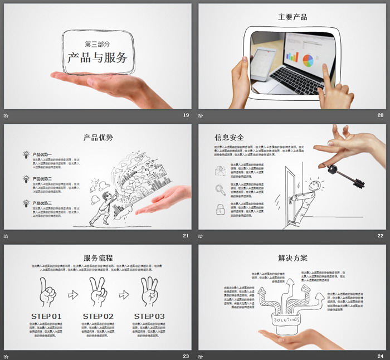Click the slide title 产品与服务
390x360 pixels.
[97, 57]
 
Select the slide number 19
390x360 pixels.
[186, 115]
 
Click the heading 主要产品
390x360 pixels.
[292, 17]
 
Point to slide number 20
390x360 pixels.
[380, 115]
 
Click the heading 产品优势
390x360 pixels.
[97, 137]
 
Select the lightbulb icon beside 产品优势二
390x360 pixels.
[26, 179]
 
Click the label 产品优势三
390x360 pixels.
[42, 203]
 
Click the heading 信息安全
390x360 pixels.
[229, 137]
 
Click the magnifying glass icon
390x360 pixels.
[221, 190]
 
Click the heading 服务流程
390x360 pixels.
[97, 258]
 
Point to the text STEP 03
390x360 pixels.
[149, 316]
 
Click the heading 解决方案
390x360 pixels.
[292, 258]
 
